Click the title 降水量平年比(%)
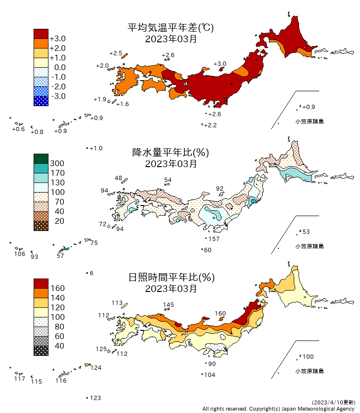pos(170,153)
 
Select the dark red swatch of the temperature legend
pos(41,34)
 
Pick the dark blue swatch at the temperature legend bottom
pos(41,101)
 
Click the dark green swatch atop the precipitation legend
pos(41,158)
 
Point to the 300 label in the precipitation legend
pos(57,164)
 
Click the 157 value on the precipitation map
pos(214,239)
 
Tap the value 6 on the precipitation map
pos(91,273)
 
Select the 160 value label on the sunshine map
pos(220,314)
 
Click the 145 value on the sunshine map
pos(168,304)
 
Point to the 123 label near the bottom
pos(96,398)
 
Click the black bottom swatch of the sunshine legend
pos(41,351)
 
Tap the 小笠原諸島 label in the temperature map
pos(309,121)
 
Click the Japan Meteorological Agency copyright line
pos(278,409)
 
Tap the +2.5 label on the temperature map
pos(116,53)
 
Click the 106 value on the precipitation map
pos(19,254)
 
